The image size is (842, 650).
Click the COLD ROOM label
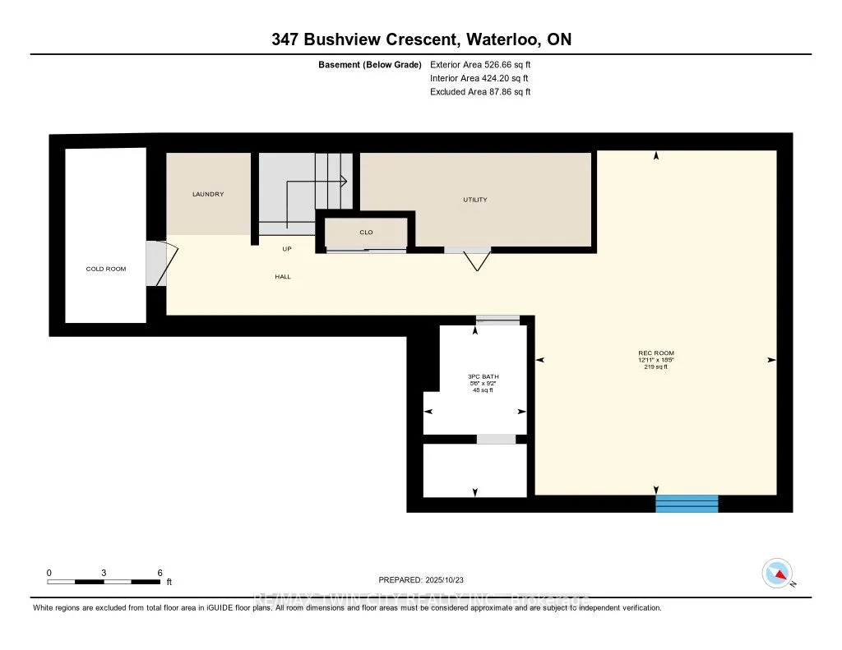(106, 269)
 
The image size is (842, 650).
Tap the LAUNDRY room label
(208, 195)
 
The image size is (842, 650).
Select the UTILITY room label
(475, 200)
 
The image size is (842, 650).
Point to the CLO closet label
(366, 233)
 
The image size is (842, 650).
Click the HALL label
(283, 277)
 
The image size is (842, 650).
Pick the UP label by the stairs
(286, 249)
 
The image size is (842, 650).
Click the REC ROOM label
(655, 353)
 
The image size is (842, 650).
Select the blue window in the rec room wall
(687, 504)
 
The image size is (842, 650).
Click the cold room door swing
(160, 263)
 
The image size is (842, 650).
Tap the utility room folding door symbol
(474, 259)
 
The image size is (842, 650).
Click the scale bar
(104, 582)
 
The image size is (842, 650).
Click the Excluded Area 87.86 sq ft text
(480, 92)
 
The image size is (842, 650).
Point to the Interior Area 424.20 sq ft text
(480, 78)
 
